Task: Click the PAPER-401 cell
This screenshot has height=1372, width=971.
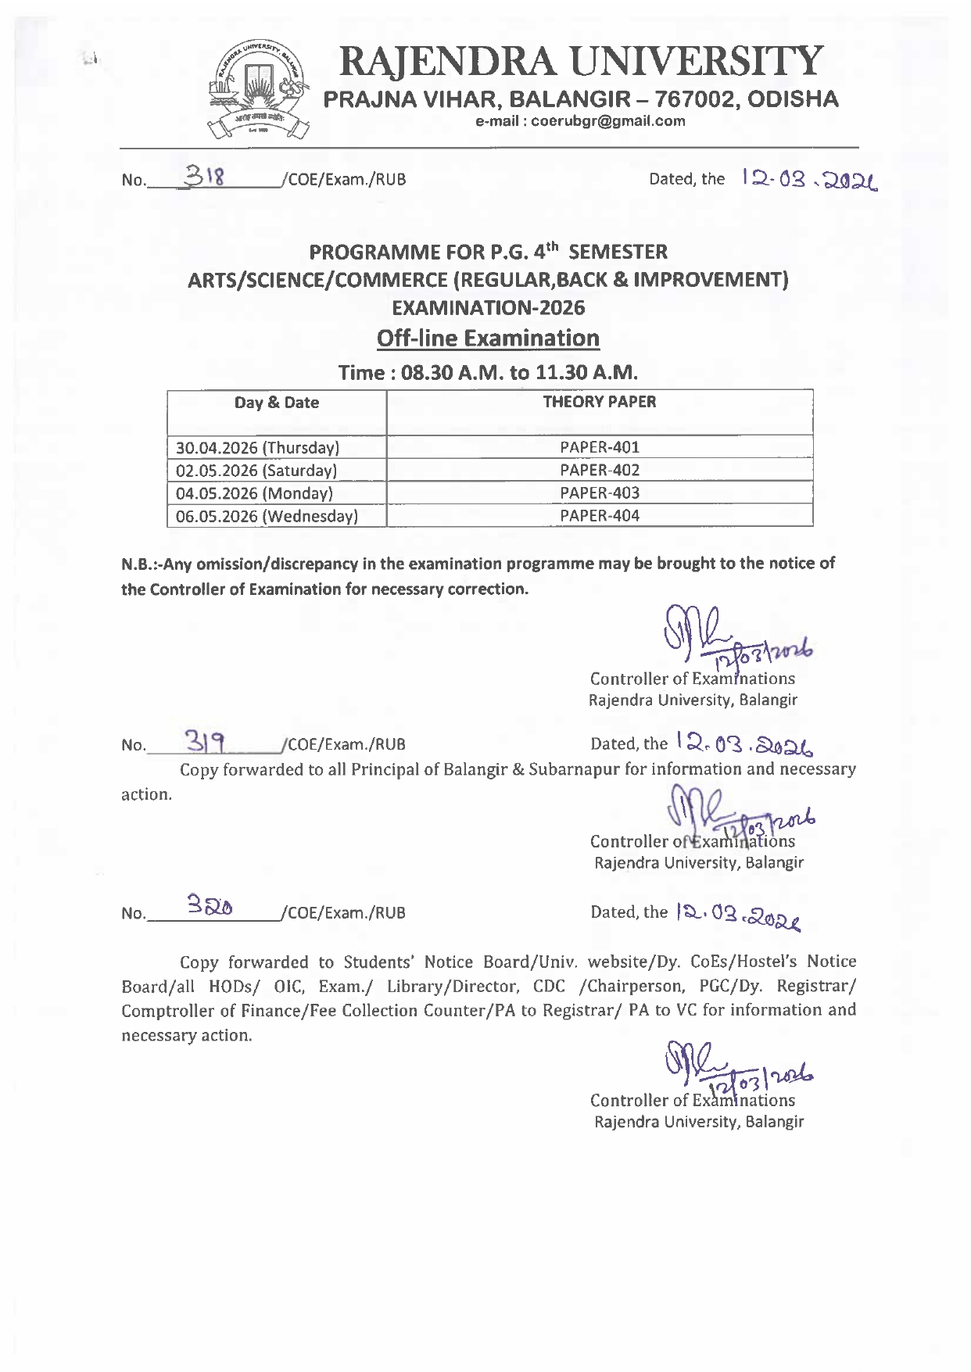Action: pos(600,447)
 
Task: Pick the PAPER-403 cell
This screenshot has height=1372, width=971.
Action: pos(600,493)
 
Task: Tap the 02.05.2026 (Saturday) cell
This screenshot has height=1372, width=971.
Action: pos(256,471)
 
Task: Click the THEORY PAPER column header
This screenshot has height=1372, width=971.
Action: pos(600,402)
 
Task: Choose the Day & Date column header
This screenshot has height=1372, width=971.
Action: pos(277,403)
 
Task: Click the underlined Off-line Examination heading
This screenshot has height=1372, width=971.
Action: pos(488,339)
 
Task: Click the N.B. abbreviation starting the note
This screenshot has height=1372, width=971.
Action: pos(136,564)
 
